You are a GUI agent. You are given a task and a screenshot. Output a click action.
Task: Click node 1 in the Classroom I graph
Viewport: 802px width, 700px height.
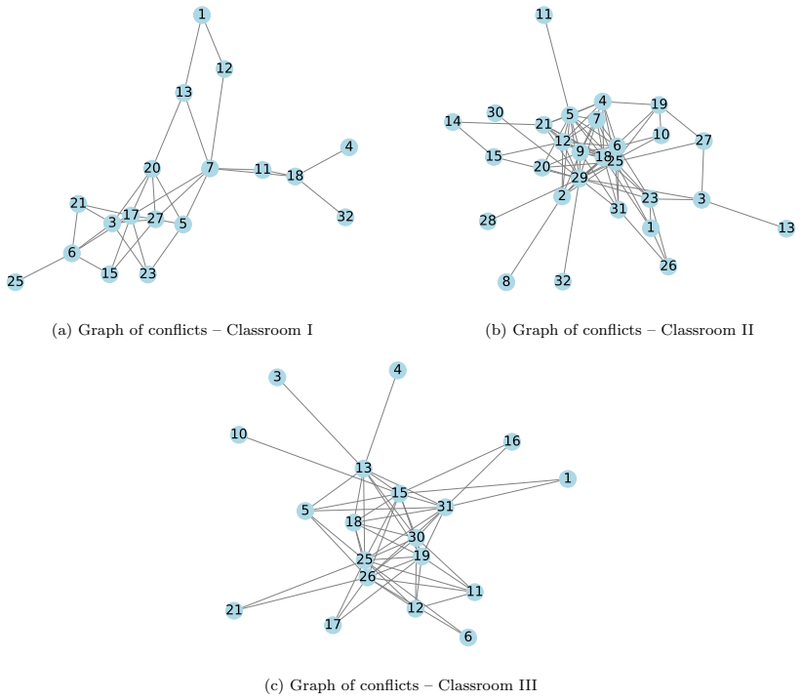point(202,15)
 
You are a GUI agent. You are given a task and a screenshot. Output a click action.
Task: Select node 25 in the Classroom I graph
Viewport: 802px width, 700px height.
point(16,281)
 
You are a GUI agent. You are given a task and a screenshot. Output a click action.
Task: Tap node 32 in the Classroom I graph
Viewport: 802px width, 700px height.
point(345,217)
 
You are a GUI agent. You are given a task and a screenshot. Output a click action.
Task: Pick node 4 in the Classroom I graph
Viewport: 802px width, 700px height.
point(349,146)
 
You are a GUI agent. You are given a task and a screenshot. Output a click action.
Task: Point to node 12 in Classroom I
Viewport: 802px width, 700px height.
point(224,68)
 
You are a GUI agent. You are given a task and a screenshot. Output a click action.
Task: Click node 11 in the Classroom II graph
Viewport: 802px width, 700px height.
point(544,15)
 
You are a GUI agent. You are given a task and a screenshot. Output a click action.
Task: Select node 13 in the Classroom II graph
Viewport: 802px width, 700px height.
point(786,227)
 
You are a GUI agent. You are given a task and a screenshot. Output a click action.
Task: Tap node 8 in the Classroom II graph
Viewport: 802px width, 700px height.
point(506,281)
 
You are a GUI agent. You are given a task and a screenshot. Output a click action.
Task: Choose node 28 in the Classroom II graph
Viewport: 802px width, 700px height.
point(488,221)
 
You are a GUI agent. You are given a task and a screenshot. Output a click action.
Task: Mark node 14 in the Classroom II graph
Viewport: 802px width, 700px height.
point(453,122)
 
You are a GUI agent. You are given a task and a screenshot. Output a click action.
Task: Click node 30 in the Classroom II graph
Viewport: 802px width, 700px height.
point(495,112)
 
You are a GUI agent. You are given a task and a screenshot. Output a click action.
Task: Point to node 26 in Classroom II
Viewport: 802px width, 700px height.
point(668,266)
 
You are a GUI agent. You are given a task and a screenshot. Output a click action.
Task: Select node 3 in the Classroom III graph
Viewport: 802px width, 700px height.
point(277,377)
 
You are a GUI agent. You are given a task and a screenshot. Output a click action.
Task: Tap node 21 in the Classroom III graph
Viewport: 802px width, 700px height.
point(234,610)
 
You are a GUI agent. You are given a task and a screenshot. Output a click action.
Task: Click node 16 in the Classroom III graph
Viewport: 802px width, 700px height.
point(512,441)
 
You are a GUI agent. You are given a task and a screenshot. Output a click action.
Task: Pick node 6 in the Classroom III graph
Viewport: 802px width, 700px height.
point(468,638)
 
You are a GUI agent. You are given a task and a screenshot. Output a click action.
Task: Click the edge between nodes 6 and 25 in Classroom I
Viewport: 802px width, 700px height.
point(44,268)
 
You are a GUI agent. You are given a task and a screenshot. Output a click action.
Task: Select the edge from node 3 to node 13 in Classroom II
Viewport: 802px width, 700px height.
point(744,214)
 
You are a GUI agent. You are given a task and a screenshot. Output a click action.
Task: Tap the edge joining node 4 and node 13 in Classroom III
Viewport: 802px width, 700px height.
point(381,419)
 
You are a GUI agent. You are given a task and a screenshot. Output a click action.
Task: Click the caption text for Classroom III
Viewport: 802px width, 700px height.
point(401,685)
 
